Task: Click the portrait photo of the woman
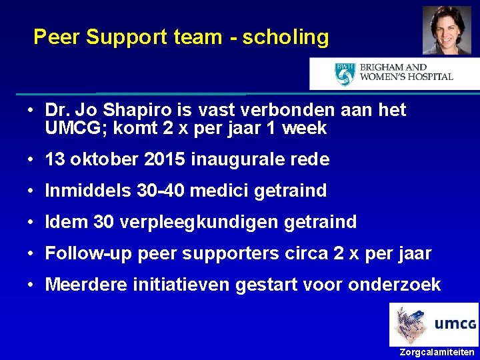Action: tap(446, 30)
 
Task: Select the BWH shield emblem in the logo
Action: tap(345, 73)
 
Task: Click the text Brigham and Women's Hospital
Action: tap(406, 73)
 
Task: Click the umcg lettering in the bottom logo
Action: tap(455, 325)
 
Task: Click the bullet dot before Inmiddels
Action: tap(31, 191)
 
